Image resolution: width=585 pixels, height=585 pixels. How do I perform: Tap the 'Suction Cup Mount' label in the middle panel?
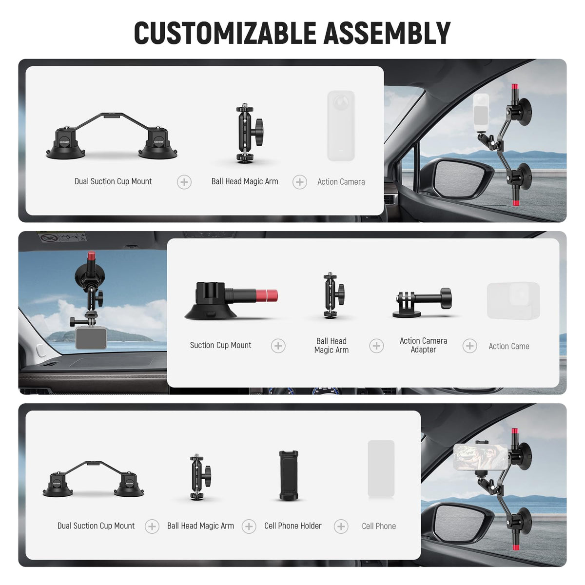220,345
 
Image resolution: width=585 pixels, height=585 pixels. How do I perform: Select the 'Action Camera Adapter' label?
423,345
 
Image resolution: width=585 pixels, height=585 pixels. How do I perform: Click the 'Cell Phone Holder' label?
292,526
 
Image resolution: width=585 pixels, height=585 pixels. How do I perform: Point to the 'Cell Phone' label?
379,526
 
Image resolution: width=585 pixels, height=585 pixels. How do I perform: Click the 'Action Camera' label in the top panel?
341,182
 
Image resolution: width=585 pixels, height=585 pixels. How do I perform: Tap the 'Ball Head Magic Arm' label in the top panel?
245,181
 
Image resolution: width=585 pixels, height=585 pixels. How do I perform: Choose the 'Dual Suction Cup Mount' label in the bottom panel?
96,526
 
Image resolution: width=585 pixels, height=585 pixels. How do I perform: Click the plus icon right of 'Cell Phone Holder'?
341,526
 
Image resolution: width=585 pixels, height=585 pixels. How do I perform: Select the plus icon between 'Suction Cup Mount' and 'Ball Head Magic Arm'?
278,346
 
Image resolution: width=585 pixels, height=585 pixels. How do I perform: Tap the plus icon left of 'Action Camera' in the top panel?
300,182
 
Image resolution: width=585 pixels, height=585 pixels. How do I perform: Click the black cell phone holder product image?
289,475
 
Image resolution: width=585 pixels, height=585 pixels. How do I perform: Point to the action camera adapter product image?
422,303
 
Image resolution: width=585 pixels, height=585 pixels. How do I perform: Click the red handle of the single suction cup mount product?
267,296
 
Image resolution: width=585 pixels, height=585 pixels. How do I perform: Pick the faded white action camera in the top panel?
341,126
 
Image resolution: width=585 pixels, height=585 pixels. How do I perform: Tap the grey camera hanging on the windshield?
91,338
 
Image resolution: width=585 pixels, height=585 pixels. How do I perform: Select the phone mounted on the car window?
480,457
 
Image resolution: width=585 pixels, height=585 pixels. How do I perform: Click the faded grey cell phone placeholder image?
381,469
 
